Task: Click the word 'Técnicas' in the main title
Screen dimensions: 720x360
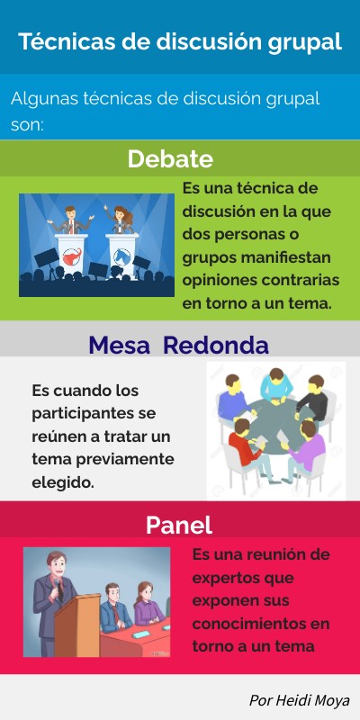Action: click(x=58, y=41)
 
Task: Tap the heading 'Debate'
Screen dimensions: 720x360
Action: click(x=170, y=159)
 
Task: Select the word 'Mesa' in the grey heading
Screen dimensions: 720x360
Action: click(x=121, y=346)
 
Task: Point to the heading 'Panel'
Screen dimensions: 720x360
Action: click(x=178, y=526)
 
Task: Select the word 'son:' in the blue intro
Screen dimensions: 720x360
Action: click(x=26, y=124)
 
